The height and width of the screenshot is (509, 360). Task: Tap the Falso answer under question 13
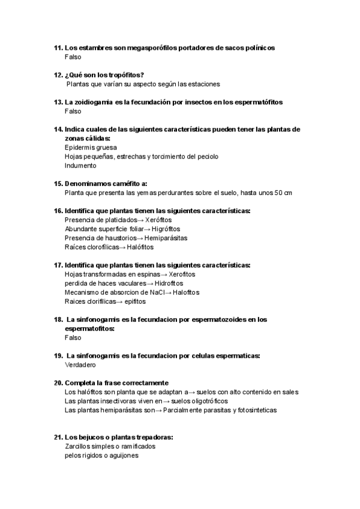[x=73, y=111]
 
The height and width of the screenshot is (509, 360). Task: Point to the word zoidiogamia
[x=93, y=102]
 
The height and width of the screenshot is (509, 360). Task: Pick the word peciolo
[x=206, y=156]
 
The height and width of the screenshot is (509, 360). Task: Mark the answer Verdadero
[x=80, y=365]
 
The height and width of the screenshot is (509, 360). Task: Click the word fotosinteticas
[x=251, y=410]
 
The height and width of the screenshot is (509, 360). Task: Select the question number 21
[x=58, y=438]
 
